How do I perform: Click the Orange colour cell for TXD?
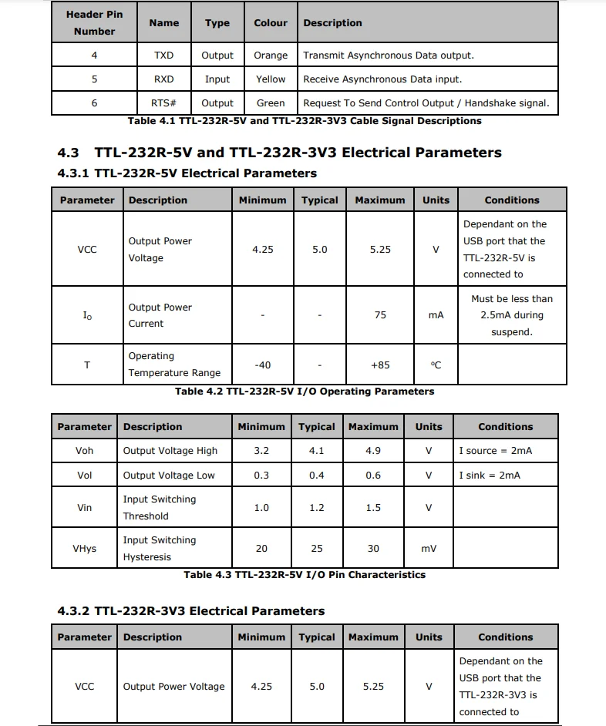coord(271,55)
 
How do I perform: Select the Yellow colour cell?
coord(271,79)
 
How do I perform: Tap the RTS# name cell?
coord(163,103)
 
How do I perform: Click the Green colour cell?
coord(271,103)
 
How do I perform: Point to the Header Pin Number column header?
coord(94,22)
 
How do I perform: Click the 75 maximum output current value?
coord(380,315)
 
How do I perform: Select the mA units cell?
coord(436,315)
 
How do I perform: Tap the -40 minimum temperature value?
coord(262,365)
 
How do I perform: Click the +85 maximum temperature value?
coord(380,365)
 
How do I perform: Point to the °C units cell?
coord(436,365)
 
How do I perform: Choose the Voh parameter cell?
coord(84,451)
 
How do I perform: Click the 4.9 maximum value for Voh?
coord(373,451)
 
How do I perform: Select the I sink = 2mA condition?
coord(490,476)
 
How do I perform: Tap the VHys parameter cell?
coord(84,549)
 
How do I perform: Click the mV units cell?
coord(429,549)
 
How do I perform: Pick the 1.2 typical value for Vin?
coord(317,508)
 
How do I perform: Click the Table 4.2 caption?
coord(305,392)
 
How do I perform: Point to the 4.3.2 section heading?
coord(191,611)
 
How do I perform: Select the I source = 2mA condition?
coord(495,451)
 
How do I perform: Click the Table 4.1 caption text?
coord(305,121)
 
